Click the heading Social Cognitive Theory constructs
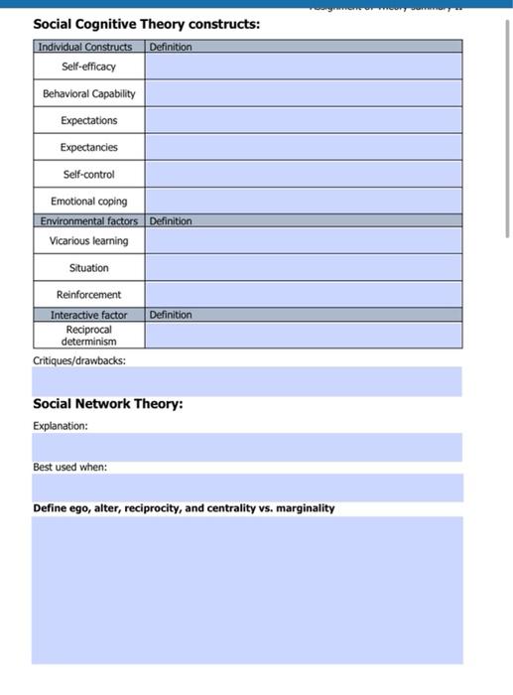pos(147,23)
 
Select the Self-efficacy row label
pos(88,67)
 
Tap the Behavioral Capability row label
pos(88,93)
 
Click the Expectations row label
pos(88,120)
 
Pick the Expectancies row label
pos(88,147)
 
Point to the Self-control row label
pos(88,174)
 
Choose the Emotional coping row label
pos(88,201)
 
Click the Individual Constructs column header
pos(84,47)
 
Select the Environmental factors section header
pos(88,220)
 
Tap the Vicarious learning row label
pos(88,240)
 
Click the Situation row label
pos(88,268)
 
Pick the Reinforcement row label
pos(88,295)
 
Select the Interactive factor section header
pos(88,315)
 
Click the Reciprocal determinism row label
pos(88,335)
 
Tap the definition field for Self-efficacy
pos(303,67)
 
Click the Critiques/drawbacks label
pos(79,360)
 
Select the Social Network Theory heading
pos(108,404)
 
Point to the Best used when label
pos(69,467)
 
